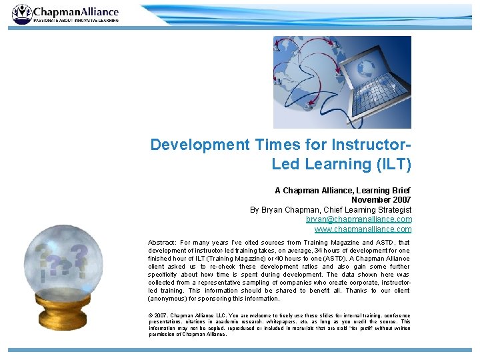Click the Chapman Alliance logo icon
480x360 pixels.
pos(21,14)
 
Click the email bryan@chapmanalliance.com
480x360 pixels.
pos(359,219)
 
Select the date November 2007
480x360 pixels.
pos(381,200)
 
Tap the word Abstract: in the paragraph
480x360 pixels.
pos(164,243)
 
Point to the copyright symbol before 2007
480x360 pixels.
pos(151,315)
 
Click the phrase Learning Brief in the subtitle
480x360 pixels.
pos(385,191)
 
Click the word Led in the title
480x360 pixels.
pos(285,163)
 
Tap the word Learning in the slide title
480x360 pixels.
pos(337,163)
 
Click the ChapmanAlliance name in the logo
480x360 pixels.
pos(76,11)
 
